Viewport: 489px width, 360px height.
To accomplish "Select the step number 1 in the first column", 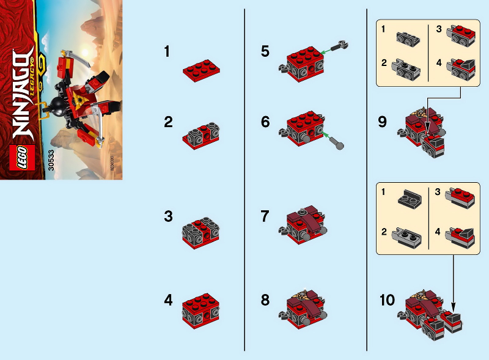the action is click(x=167, y=52).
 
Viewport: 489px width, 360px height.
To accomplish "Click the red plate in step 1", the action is click(x=201, y=72).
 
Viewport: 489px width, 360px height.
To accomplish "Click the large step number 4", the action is click(x=168, y=300).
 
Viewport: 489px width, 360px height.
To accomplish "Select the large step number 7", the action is click(x=265, y=216).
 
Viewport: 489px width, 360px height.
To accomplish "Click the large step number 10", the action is click(x=387, y=300).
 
